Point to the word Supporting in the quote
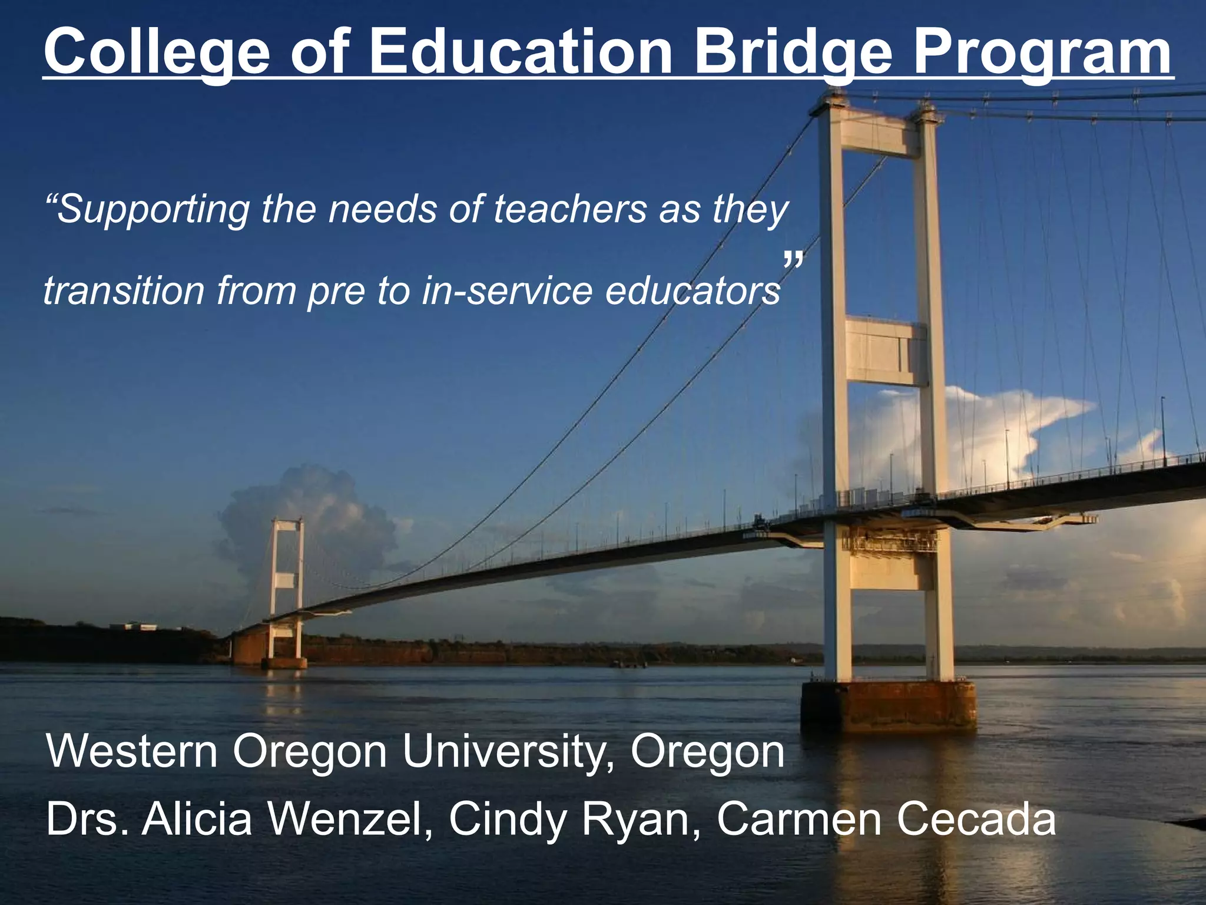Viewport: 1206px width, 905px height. [x=147, y=210]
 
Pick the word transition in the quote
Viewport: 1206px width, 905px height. [x=123, y=291]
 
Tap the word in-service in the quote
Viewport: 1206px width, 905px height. [x=507, y=291]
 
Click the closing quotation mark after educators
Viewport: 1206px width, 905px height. [x=793, y=260]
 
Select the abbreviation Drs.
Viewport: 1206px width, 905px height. [x=88, y=819]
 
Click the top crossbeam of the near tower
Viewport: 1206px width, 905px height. [x=880, y=136]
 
